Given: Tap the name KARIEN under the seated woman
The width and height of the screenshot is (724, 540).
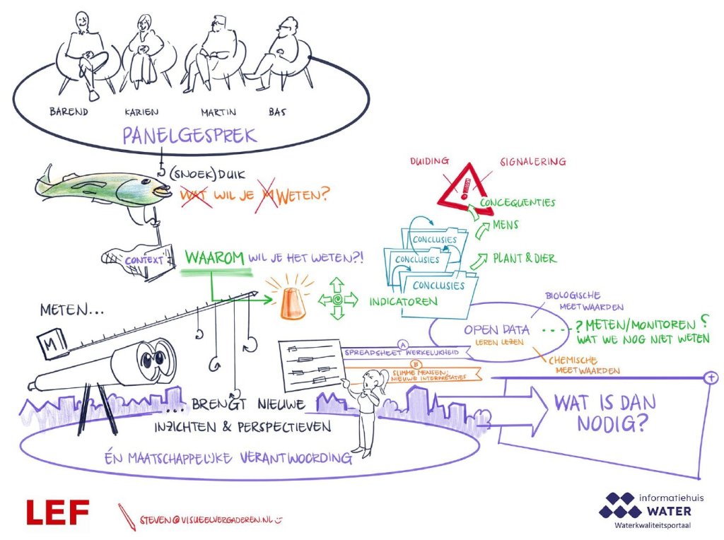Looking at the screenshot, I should pyautogui.click(x=141, y=111).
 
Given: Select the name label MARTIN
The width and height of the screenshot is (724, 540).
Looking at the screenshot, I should pyautogui.click(x=219, y=111).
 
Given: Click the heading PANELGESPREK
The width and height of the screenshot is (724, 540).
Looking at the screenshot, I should pyautogui.click(x=189, y=136).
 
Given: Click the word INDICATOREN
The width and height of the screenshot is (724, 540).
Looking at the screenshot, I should pyautogui.click(x=403, y=301).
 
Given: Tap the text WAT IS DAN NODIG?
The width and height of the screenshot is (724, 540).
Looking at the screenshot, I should pyautogui.click(x=605, y=413).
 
